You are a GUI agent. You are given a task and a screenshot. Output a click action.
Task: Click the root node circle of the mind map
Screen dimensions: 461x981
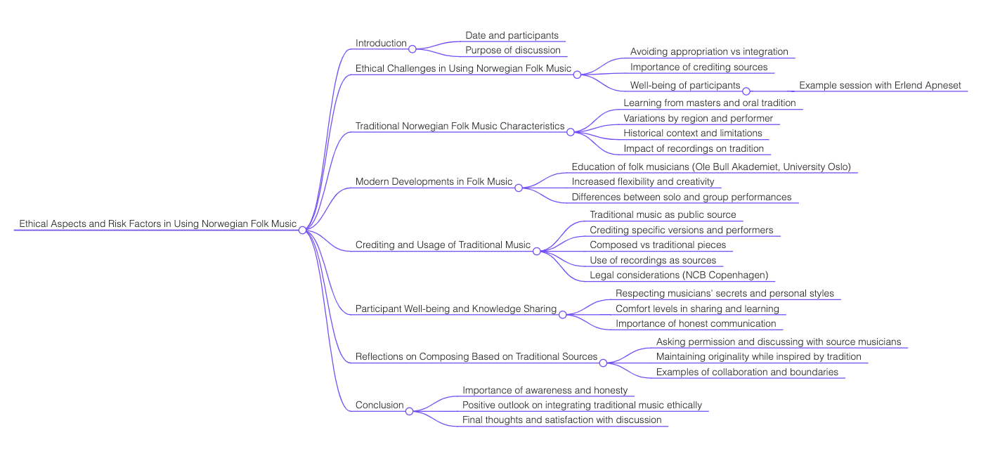pos(302,230)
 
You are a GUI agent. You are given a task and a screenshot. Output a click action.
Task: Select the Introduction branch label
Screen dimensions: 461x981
pos(381,44)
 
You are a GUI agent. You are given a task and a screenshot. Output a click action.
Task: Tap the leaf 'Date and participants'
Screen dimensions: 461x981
pos(512,35)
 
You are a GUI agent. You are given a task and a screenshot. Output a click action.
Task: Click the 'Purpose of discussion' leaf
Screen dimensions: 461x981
pos(512,51)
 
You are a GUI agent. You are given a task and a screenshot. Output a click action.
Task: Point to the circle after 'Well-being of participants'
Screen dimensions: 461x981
pos(746,91)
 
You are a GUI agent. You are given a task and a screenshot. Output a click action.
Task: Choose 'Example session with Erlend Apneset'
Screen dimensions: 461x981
pos(880,86)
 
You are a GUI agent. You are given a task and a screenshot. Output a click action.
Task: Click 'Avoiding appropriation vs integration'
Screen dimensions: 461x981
pos(709,52)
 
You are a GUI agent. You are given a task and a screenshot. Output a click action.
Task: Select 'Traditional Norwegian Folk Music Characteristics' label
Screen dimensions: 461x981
pos(460,126)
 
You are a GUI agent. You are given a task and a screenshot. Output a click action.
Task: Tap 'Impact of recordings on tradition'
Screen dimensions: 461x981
pos(694,149)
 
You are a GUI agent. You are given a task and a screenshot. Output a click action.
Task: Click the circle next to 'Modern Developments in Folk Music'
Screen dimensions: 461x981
pos(519,188)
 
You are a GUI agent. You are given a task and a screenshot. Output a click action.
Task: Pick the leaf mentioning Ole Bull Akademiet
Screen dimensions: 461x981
pos(711,167)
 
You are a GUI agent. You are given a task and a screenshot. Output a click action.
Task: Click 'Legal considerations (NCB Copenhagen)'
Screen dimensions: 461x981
pos(678,275)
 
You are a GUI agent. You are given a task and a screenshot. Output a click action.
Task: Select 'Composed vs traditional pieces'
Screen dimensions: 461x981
pos(658,245)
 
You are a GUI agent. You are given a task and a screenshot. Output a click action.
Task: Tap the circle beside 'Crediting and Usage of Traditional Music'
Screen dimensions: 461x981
pos(537,251)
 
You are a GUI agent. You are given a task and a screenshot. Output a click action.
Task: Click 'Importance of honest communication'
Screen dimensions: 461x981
pos(696,324)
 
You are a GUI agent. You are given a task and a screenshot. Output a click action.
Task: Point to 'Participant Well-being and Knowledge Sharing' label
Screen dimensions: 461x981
pos(455,309)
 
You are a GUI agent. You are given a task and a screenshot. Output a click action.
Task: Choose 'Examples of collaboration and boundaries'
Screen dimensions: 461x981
pos(747,372)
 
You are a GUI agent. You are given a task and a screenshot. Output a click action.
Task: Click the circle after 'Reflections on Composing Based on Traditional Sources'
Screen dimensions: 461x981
pos(603,363)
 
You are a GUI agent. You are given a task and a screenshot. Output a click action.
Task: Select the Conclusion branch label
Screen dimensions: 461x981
pos(379,405)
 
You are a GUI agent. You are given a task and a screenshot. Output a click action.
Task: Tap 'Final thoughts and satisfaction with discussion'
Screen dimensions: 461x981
pos(561,420)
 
